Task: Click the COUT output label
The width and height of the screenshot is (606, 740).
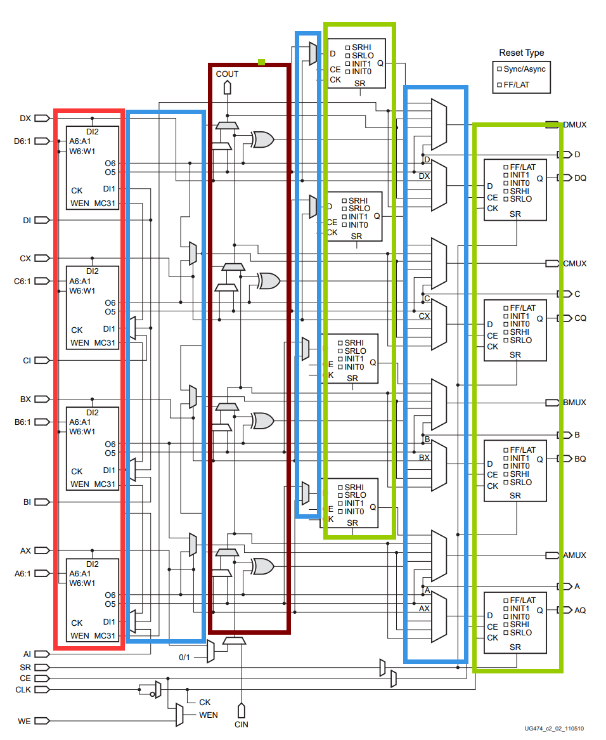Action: click(227, 74)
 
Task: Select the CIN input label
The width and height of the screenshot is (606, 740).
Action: click(241, 724)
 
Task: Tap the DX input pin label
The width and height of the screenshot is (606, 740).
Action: click(25, 118)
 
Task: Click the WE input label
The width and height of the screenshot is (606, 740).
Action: click(24, 721)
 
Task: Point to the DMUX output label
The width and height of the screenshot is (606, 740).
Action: click(574, 125)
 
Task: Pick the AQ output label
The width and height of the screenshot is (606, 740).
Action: click(580, 610)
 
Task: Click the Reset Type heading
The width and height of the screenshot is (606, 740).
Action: click(521, 53)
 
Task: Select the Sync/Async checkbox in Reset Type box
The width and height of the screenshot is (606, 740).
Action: click(500, 68)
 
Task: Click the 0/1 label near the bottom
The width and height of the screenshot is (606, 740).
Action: click(184, 657)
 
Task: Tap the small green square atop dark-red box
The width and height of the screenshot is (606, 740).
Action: click(261, 62)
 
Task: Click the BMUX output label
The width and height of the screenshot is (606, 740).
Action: click(574, 403)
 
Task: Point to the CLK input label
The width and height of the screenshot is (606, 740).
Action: click(23, 689)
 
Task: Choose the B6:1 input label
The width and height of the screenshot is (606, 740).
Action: click(22, 422)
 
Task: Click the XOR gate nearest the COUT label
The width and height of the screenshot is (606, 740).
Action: click(262, 139)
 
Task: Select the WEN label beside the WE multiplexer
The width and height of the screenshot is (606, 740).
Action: click(209, 715)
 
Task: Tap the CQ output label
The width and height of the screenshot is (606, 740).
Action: click(580, 318)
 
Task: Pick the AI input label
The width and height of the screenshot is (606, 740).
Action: click(27, 654)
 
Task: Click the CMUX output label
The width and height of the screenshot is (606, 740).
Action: click(574, 263)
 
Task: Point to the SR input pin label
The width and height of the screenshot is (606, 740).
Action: click(25, 667)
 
